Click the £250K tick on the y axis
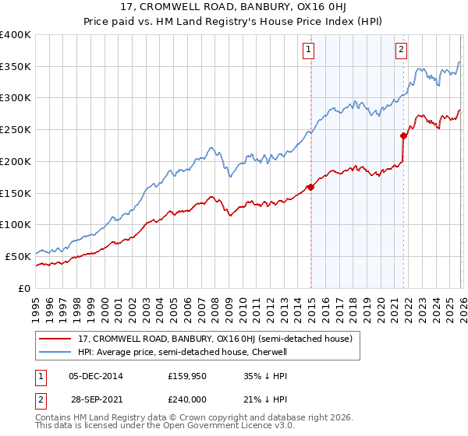[x=16, y=129]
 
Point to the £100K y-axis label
[x=16, y=224]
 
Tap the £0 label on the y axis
[x=23, y=288]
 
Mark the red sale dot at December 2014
[x=310, y=187]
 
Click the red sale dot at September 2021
[x=404, y=135]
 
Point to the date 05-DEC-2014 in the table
[x=96, y=375]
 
